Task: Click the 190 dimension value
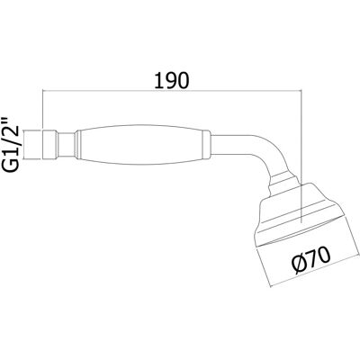172,80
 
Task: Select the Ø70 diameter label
312,260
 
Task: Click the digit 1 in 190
158,80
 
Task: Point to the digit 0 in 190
184,80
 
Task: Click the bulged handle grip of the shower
141,145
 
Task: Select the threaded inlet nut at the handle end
49,145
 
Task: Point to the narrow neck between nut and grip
65,145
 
